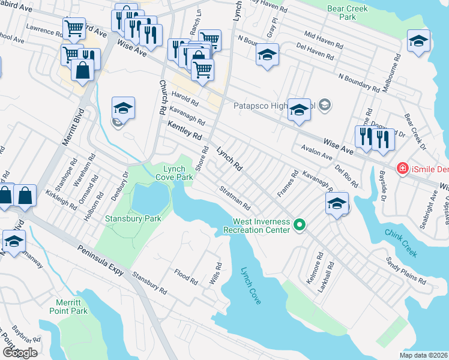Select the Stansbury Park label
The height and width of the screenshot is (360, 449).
point(133,219)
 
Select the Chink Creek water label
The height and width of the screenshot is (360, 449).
point(400,243)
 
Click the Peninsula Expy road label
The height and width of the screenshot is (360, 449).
point(100,260)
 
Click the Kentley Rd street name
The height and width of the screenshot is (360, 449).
point(184,130)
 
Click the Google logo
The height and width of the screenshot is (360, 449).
point(19,353)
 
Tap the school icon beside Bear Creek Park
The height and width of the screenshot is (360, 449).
point(418,41)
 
